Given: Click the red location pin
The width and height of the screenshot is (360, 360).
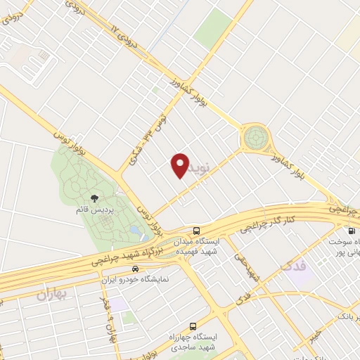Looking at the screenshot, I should coord(180,165).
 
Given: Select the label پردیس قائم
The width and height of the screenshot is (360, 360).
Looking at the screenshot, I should coord(96,210).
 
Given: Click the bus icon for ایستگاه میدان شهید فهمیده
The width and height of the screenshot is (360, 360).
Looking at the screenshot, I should coord(196,231).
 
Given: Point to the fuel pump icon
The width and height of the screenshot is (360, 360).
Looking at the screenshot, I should coord(350,231).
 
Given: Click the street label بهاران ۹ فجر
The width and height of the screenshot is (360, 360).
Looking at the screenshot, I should coord(111,316).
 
